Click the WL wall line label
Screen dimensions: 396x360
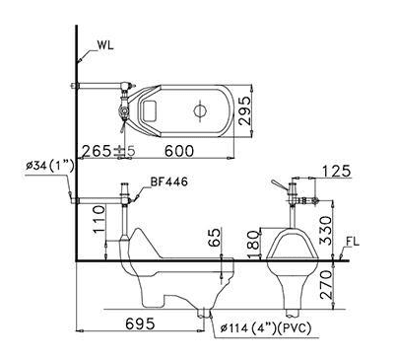[x=105, y=45]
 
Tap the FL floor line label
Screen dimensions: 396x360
[x=353, y=242]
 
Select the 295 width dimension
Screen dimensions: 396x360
[x=244, y=110]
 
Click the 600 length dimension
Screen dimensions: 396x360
[x=179, y=151]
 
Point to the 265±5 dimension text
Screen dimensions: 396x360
[x=108, y=151]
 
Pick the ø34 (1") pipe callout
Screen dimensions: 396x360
[x=50, y=166]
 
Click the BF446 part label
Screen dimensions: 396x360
[x=169, y=181]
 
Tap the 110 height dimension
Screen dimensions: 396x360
[x=99, y=219]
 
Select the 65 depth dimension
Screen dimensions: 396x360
[x=214, y=237]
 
